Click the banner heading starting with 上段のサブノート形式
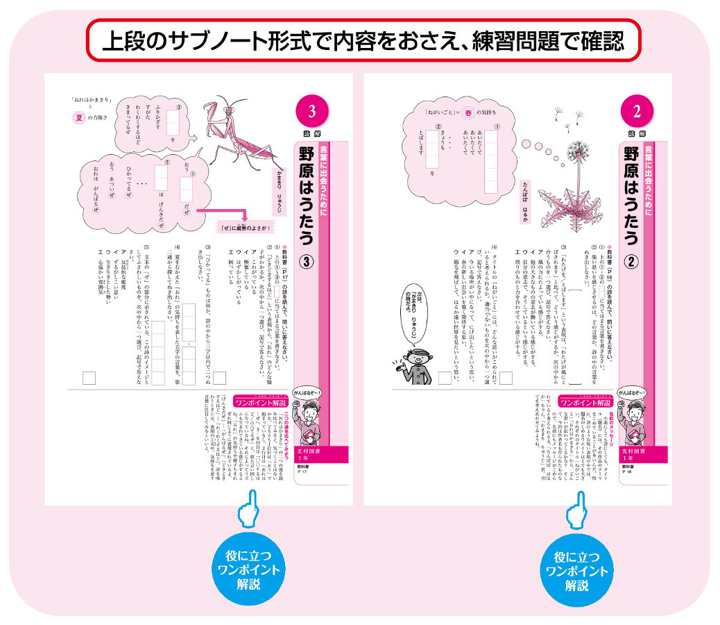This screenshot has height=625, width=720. (361, 42)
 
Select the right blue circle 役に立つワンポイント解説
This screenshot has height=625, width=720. (577, 569)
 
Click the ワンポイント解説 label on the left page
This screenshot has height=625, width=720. (261, 401)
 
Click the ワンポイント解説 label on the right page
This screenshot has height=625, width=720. (583, 401)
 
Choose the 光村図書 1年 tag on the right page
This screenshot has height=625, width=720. (635, 455)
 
